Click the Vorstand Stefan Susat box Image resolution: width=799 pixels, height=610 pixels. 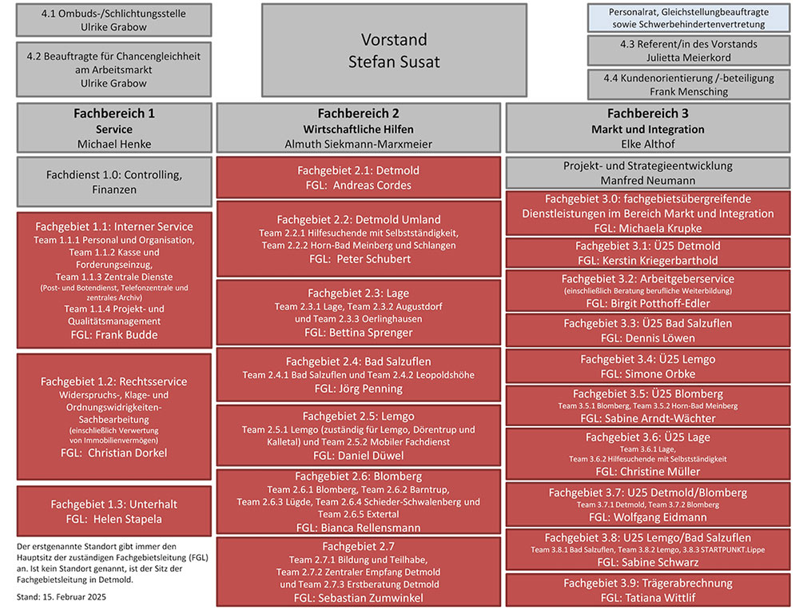click(394, 50)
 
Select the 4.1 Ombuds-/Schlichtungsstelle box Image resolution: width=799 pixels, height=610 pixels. click(113, 20)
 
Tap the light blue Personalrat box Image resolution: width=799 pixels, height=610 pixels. click(688, 18)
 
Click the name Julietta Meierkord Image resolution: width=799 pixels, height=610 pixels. click(688, 58)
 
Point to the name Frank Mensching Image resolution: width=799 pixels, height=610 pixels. click(688, 91)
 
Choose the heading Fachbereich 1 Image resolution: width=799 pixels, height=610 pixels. click(114, 114)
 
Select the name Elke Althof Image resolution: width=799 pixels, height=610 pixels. click(648, 144)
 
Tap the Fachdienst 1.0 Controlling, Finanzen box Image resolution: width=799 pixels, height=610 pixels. click(114, 181)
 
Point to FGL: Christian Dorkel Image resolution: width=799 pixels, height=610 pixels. click(114, 453)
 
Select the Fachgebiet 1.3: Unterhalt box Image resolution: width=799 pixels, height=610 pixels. click(114, 512)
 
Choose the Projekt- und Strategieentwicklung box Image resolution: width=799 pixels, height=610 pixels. click(648, 173)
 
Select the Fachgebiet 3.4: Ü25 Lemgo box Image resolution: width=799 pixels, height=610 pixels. click(648, 366)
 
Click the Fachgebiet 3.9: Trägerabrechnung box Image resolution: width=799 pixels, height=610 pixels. click(648, 590)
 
